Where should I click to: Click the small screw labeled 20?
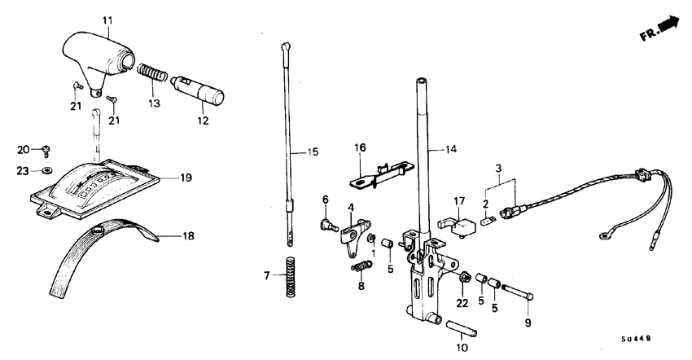coord(47,151)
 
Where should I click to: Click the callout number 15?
coord(303,152)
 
